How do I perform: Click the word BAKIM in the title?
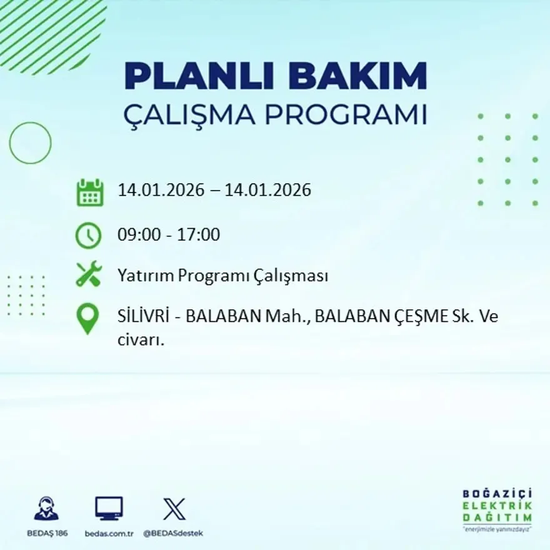click(x=351, y=77)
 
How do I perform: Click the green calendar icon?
click(x=89, y=192)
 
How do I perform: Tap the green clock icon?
click(x=88, y=236)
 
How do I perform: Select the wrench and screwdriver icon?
click(x=89, y=274)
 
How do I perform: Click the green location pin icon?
click(x=87, y=318)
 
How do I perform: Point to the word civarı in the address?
click(x=140, y=341)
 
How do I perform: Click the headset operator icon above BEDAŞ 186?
click(x=46, y=509)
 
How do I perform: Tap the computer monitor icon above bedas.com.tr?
click(x=109, y=508)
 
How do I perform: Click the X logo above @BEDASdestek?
click(x=174, y=509)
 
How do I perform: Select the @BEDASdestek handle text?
click(x=173, y=533)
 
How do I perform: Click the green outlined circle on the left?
click(x=30, y=143)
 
